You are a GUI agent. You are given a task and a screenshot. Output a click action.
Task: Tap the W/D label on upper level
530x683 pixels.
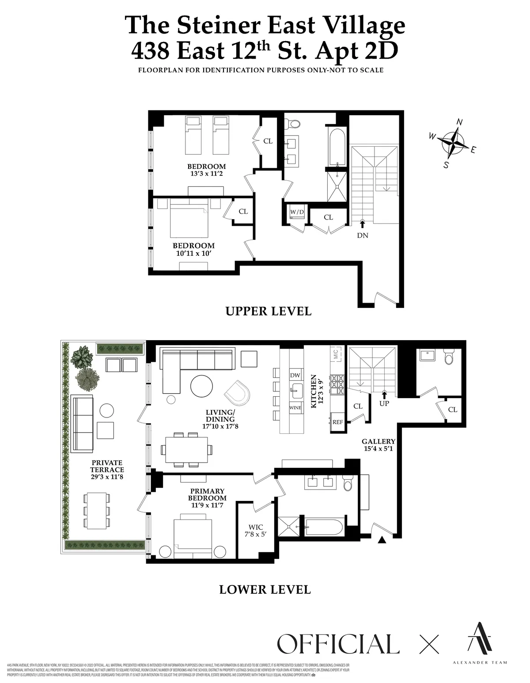pyautogui.click(x=297, y=212)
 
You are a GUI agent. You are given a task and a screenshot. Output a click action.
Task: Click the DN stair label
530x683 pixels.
pyautogui.click(x=362, y=235)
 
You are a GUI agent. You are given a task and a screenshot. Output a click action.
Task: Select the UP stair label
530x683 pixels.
pyautogui.click(x=384, y=403)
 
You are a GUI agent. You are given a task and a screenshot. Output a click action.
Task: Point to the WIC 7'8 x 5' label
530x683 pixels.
pyautogui.click(x=256, y=530)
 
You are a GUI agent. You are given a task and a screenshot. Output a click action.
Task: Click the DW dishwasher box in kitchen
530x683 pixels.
pyautogui.click(x=295, y=376)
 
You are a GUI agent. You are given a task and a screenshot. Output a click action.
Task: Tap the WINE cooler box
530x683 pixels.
pyautogui.click(x=295, y=408)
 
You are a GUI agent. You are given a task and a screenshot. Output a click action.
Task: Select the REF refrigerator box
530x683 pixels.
pyautogui.click(x=337, y=422)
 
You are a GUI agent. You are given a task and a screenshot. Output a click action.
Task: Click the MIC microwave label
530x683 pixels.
pyautogui.click(x=335, y=354)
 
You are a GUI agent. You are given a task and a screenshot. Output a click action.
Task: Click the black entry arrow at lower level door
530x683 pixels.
pyautogui.click(x=382, y=539)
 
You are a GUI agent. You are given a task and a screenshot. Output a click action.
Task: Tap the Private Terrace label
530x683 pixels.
pyautogui.click(x=107, y=470)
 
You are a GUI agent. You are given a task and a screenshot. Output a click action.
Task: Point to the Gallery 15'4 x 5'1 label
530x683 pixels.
pyautogui.click(x=379, y=445)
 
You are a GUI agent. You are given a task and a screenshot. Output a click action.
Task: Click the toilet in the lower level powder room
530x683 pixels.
pyautogui.click(x=449, y=357)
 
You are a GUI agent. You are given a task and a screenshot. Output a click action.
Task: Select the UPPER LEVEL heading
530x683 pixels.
pyautogui.click(x=268, y=311)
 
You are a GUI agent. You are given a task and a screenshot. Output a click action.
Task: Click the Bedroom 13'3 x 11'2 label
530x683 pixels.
pyautogui.click(x=206, y=170)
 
